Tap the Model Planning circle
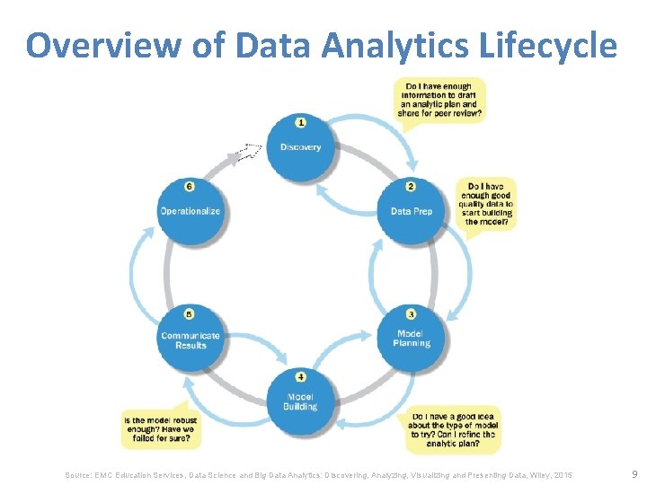[x=411, y=339]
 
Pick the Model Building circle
[x=300, y=401]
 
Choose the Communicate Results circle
[x=191, y=340]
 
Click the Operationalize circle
[x=190, y=212]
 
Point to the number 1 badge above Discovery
[x=300, y=121]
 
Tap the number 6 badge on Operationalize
[x=190, y=187]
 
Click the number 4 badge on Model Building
[x=300, y=376]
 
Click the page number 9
[x=634, y=473]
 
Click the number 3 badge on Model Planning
[x=411, y=313]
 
